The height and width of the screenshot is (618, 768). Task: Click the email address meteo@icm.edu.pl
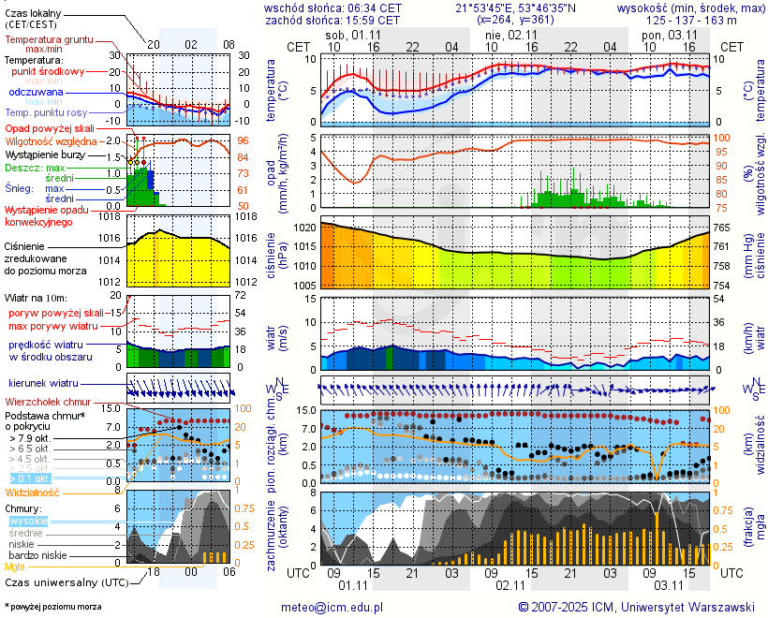pos(332,607)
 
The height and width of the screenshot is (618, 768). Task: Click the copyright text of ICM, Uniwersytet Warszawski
pos(636,607)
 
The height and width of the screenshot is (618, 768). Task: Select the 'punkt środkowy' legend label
pos(49,71)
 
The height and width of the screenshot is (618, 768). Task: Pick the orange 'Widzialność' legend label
pos(33,492)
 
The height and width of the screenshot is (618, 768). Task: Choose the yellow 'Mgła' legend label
pos(15,566)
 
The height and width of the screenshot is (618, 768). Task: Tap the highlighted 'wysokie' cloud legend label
pos(27,521)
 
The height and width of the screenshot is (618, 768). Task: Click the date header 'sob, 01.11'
pos(352,35)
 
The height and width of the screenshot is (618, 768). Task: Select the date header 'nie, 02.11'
pos(510,35)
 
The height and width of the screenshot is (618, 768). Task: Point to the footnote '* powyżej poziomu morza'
pos(52,607)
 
